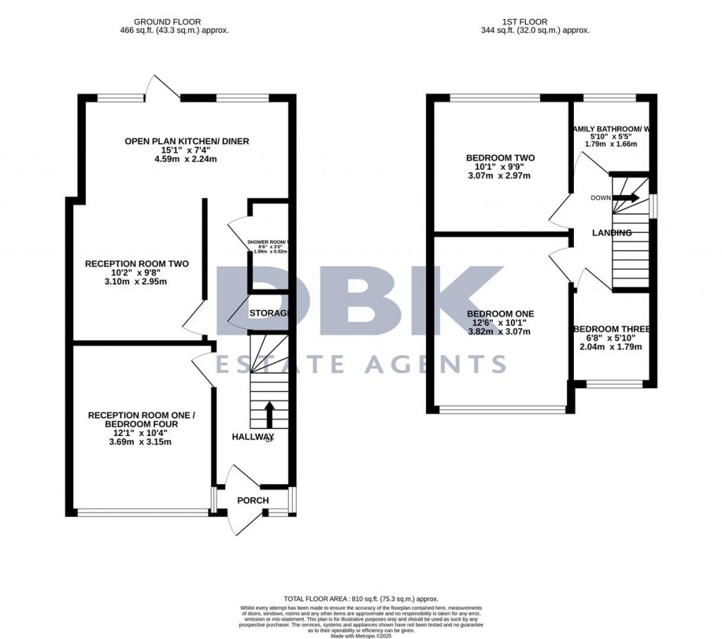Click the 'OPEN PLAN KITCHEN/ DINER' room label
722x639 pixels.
point(187,142)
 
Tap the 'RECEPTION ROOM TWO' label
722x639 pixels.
point(137,264)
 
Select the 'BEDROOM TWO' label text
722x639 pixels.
point(500,158)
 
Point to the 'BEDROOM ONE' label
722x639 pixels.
point(500,314)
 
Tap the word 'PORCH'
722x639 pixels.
point(252,501)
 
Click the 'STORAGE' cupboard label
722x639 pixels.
point(269,313)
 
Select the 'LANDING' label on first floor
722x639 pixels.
point(611,232)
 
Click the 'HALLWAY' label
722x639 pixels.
point(253,438)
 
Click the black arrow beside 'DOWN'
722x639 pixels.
point(630,198)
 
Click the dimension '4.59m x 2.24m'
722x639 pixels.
point(187,159)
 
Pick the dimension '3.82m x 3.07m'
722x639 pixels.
point(500,332)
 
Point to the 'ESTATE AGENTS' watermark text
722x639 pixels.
point(360,364)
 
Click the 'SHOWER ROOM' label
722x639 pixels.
point(268,242)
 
